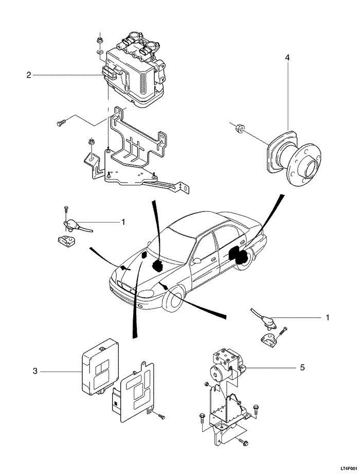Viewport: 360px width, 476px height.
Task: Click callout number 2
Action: tap(28, 75)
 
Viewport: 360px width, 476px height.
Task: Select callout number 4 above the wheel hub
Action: tap(287, 57)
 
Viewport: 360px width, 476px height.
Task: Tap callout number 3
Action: tap(35, 371)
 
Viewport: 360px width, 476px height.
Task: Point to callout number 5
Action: tap(302, 367)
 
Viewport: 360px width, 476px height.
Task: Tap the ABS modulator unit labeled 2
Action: tap(133, 73)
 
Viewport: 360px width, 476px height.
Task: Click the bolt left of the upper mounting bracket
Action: tap(61, 122)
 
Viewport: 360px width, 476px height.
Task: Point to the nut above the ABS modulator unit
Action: tap(99, 40)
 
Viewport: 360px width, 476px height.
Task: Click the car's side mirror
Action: tap(197, 261)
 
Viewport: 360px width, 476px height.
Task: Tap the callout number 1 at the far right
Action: tap(327, 318)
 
